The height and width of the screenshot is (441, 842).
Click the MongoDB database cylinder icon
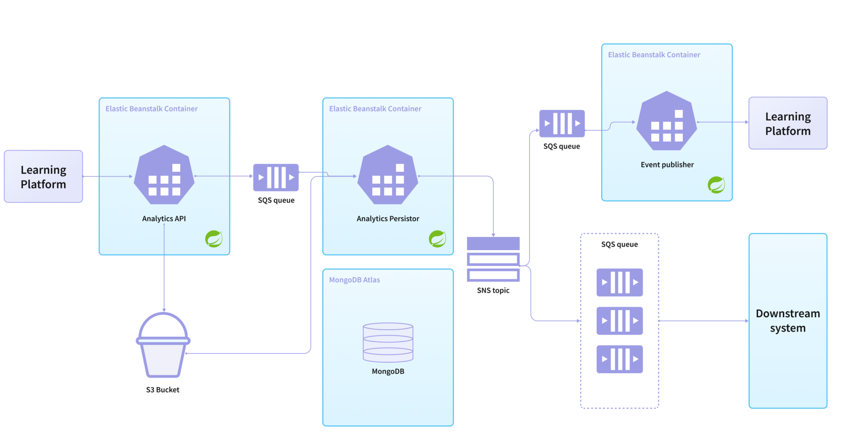point(388,342)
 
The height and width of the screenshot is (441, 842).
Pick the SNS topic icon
point(493,259)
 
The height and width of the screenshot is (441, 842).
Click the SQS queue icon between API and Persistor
point(276,177)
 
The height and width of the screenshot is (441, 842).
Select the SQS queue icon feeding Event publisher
point(562,123)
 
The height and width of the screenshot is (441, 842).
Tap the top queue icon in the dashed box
point(620,282)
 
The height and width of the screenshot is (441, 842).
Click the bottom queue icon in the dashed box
point(620,359)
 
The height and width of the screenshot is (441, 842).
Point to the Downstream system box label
point(788,320)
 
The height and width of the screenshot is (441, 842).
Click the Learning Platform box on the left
point(43,176)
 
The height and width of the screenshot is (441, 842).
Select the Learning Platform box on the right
point(788,123)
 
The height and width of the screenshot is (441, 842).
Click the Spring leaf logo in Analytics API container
point(214,239)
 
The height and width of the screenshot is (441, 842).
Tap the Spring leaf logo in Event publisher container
point(716,185)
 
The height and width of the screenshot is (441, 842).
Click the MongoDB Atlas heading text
point(354,280)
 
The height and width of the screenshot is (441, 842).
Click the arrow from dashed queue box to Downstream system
point(703,320)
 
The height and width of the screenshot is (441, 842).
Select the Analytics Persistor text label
point(388,218)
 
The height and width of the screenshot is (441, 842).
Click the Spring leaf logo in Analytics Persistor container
point(437,239)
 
